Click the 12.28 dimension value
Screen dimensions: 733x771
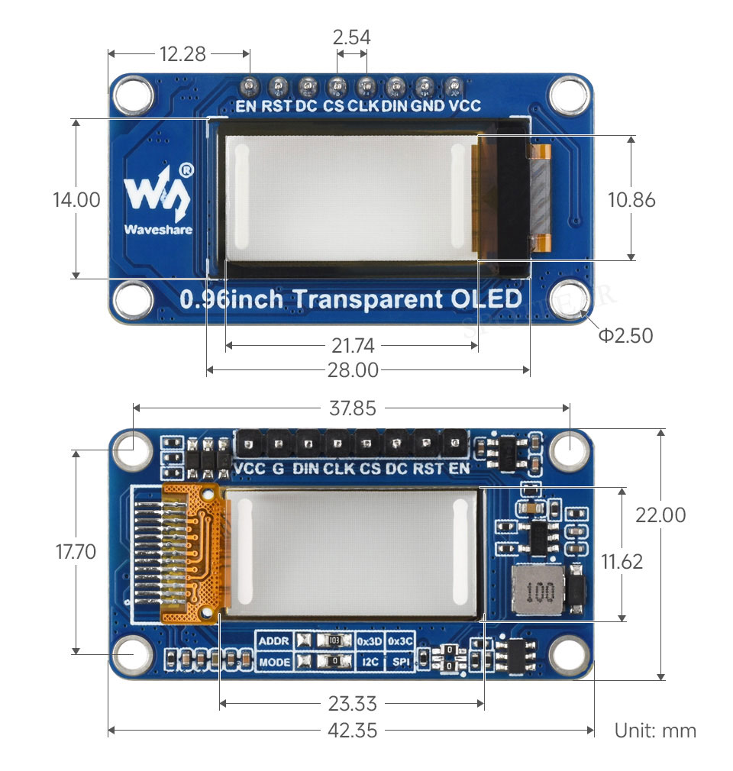click(182, 53)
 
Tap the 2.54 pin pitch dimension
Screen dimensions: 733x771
click(351, 37)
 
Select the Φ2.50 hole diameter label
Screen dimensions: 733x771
click(625, 335)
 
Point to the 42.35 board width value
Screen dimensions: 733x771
click(352, 731)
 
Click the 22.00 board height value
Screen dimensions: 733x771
click(660, 515)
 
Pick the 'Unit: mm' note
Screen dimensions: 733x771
click(655, 731)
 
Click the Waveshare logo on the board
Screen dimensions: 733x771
click(158, 200)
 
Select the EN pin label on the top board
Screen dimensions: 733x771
click(246, 105)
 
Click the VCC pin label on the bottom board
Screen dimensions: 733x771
click(250, 468)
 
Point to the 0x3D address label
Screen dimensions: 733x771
click(370, 641)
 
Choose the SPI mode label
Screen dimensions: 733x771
click(401, 662)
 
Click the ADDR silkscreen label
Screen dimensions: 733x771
click(273, 641)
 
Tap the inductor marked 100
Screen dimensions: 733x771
click(538, 589)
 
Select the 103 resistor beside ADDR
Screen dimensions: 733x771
click(334, 640)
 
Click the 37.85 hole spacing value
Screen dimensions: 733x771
click(352, 408)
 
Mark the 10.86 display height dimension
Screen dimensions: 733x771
click(631, 200)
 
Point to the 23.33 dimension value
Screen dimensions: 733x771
click(352, 704)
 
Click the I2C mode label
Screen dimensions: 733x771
click(370, 662)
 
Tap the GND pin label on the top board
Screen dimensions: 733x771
click(428, 105)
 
